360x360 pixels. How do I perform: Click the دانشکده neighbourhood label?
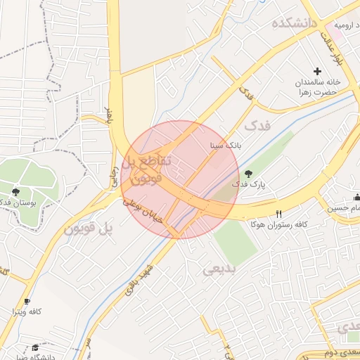(295, 23)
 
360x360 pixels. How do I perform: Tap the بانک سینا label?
(226, 146)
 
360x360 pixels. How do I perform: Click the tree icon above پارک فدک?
(247, 174)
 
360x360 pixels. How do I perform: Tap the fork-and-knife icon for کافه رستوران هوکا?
(280, 214)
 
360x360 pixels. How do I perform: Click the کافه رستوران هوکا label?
(280, 224)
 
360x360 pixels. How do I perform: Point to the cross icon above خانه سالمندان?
(317, 71)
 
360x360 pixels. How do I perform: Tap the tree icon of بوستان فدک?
(16, 191)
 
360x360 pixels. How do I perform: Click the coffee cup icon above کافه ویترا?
(27, 300)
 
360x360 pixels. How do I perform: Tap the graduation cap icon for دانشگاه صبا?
(35, 347)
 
